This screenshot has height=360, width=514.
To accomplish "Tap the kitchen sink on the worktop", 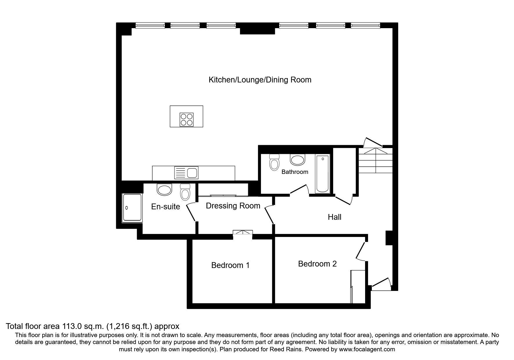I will tap(186, 173).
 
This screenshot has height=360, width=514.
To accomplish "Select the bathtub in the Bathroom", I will tap(322, 174).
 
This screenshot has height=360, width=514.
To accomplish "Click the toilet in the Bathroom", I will tap(274, 162).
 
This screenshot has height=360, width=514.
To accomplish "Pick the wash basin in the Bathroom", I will tap(297, 160).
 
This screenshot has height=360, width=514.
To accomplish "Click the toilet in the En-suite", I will tap(185, 192).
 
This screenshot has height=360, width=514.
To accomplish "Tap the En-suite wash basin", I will tap(164, 190).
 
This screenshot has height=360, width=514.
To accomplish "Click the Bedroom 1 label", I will tap(230, 265).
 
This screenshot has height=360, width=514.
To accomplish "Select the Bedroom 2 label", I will tap(317, 264).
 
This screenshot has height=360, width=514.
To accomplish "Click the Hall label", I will tap(334, 217).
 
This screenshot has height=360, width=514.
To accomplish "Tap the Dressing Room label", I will tap(233, 206).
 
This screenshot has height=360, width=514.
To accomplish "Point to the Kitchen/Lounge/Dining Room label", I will tap(260, 80).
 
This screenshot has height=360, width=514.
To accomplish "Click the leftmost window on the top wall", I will tap(150, 26).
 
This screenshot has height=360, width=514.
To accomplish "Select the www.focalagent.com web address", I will tap(367, 349).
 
